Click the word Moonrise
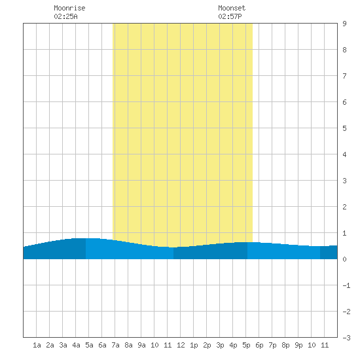[x=69, y=8]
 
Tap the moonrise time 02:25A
[x=66, y=16]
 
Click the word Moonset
[x=232, y=8]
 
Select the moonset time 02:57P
[x=230, y=16]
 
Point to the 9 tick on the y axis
[x=344, y=24]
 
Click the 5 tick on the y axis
[x=344, y=128]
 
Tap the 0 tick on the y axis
[x=344, y=259]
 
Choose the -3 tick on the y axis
[x=347, y=338]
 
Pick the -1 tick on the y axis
[x=347, y=285]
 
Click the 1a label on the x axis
[x=37, y=345]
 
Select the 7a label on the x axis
[x=115, y=345]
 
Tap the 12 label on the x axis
[x=181, y=345]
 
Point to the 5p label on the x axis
[x=246, y=345]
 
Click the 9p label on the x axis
[x=298, y=345]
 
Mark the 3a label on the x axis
[x=63, y=345]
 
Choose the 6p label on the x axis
[x=259, y=345]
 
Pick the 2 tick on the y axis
[x=344, y=207]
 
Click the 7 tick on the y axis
[x=344, y=76]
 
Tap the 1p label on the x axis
[x=194, y=345]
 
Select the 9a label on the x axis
[x=141, y=345]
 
